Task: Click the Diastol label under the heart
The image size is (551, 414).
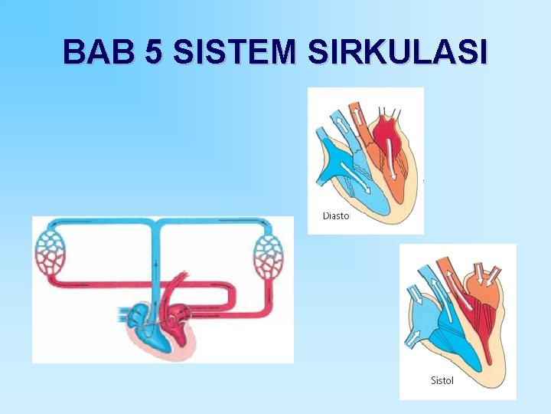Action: tap(336, 215)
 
